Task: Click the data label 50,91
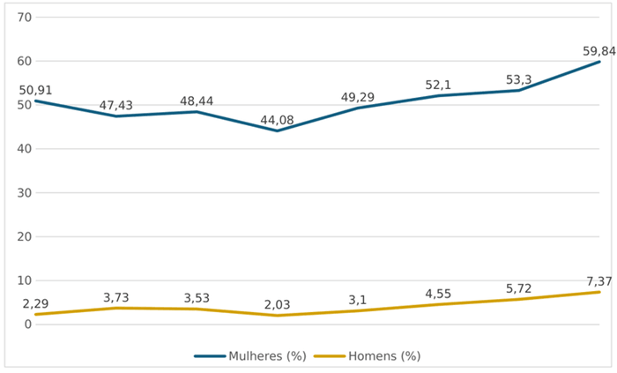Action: click(35, 91)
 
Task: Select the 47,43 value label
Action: click(116, 106)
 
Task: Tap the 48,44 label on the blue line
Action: click(197, 101)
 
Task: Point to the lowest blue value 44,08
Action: click(277, 120)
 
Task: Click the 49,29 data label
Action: click(358, 97)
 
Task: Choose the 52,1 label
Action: click(438, 85)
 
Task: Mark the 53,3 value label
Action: click(518, 80)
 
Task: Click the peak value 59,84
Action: click(599, 51)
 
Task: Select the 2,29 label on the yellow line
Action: click(35, 303)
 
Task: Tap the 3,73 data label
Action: click(116, 297)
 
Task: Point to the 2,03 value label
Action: click(277, 304)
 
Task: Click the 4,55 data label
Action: click(438, 294)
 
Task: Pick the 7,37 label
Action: click(599, 281)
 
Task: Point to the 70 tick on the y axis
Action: click(25, 18)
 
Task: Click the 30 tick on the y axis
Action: click(25, 193)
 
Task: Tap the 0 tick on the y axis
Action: click(27, 325)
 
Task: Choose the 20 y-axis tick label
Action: click(25, 237)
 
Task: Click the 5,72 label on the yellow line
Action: click(518, 289)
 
